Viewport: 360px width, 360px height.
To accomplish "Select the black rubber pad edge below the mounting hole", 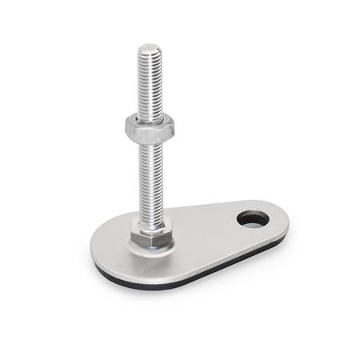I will click(254, 243).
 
